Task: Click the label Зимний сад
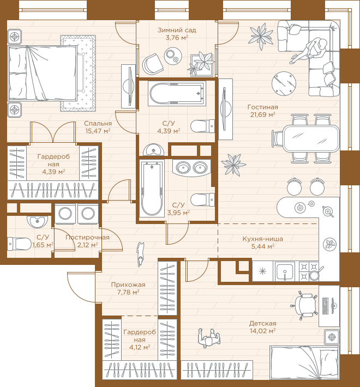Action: (177, 30)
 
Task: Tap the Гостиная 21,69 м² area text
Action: (263, 111)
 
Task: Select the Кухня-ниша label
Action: (263, 239)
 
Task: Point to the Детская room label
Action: (263, 323)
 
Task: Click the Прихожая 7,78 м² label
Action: (128, 288)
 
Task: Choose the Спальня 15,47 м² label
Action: (98, 127)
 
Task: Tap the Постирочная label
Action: (87, 238)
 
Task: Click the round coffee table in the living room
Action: (284, 84)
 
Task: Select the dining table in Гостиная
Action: (311, 138)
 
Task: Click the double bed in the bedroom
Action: (43, 73)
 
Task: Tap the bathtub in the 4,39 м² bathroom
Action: (177, 94)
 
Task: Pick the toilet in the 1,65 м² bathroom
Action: (19, 244)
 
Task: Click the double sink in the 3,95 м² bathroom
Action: (191, 168)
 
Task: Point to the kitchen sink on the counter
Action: (285, 271)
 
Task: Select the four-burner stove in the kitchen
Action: (309, 271)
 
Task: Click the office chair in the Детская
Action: (304, 305)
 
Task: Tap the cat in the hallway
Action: (141, 254)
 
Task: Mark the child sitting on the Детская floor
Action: (209, 338)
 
